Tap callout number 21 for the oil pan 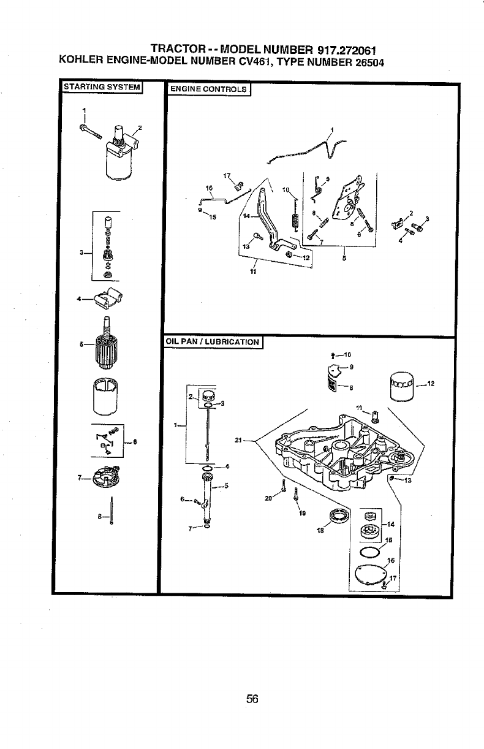pos(239,439)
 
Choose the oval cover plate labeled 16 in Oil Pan pos(370,574)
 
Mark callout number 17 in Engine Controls pos(227,175)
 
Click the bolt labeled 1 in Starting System pos(89,130)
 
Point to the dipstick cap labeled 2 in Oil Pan pos(208,395)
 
